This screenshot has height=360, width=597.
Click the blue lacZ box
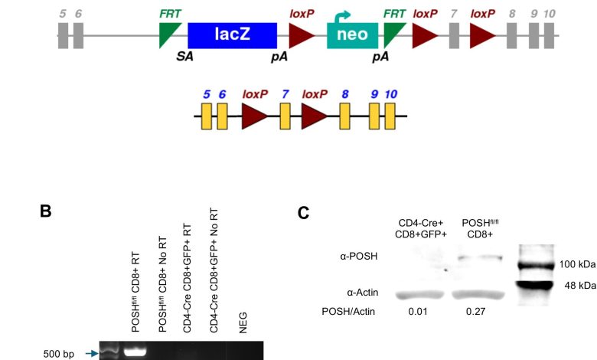click(233, 35)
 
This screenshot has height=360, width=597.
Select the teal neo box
click(352, 35)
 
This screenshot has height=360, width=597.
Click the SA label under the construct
click(184, 57)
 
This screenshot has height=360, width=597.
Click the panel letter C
click(305, 212)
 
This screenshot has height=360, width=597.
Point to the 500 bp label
click(58, 354)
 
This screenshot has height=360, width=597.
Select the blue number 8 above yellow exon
click(346, 94)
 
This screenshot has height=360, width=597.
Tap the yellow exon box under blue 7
click(285, 117)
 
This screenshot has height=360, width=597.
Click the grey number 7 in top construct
click(455, 14)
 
